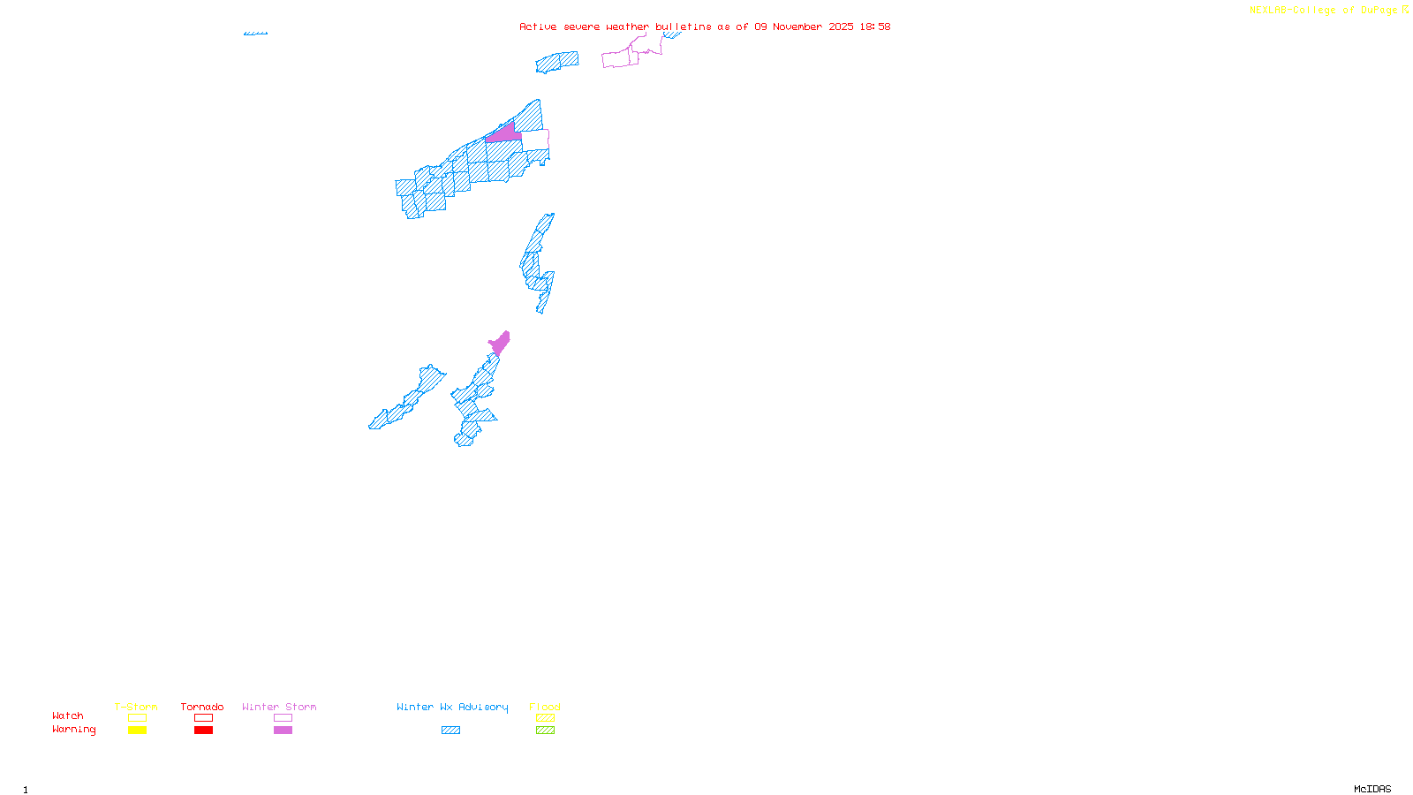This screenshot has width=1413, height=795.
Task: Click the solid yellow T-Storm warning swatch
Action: (137, 731)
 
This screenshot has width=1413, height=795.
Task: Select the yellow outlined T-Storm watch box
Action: (137, 718)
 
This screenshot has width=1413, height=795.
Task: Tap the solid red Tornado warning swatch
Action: (204, 731)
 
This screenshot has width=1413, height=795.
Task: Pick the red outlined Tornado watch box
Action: (204, 718)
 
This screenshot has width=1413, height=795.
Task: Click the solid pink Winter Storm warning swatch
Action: (283, 731)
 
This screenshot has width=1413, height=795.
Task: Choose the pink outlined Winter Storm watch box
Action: (283, 718)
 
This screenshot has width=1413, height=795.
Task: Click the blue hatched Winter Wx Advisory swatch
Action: (450, 731)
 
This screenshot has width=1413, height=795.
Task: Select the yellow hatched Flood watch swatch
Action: (545, 718)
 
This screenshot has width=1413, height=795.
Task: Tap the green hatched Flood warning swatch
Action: (545, 731)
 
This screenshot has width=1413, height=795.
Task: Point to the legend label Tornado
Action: (202, 707)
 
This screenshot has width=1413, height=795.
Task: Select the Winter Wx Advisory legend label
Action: (452, 707)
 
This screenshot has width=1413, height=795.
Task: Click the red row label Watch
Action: (68, 715)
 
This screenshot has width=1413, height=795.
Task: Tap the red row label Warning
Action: (73, 730)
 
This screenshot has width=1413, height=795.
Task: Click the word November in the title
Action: (797, 26)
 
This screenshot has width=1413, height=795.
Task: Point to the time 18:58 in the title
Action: (875, 26)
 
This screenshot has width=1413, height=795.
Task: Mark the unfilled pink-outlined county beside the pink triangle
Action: (534, 140)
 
